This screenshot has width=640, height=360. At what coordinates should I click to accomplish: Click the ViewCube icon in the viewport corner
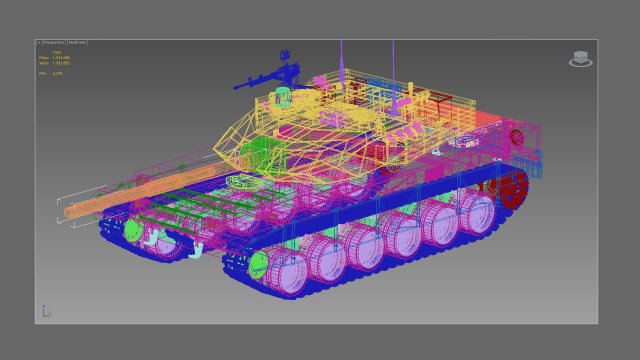point(580,59)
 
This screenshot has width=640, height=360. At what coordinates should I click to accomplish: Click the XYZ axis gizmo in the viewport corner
point(45,312)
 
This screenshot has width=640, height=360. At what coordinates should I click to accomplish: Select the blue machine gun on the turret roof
point(265,78)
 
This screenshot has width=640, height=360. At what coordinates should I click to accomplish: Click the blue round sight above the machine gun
point(284,55)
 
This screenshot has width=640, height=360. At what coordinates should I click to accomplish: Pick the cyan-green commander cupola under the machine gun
point(283,97)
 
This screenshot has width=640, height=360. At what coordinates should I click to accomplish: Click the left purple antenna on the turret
point(341,55)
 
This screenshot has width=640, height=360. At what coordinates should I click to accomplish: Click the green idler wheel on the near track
point(259,264)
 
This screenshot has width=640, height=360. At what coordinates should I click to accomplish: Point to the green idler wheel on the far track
point(132,231)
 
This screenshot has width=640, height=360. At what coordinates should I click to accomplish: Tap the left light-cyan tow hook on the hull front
point(150,239)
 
